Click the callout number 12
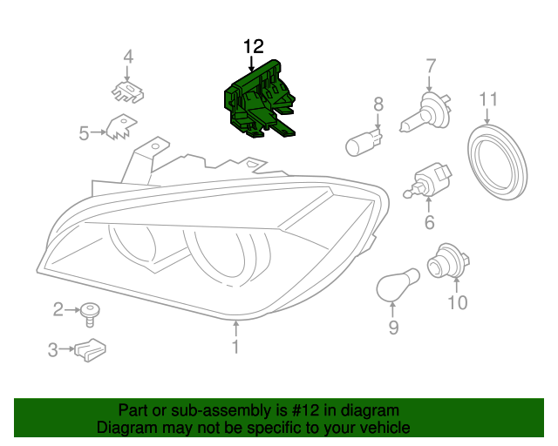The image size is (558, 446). click(x=253, y=45)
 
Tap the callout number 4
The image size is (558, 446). click(x=128, y=57)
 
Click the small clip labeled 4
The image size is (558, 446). click(x=127, y=91)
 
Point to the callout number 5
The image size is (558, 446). click(x=85, y=133)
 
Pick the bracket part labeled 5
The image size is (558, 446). click(x=119, y=130)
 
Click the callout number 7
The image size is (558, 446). click(x=430, y=64)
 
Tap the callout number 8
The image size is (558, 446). click(x=378, y=105)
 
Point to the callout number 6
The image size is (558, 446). click(x=429, y=223)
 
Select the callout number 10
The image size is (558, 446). click(x=457, y=303)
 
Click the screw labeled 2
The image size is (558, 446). click(x=89, y=312)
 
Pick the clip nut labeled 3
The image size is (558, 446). click(x=91, y=349)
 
